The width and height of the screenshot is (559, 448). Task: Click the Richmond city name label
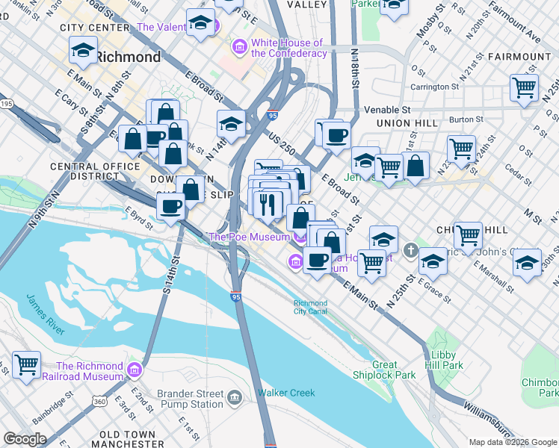[128, 57]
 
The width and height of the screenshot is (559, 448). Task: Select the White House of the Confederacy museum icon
[240, 48]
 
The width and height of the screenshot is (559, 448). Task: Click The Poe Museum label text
[249, 237]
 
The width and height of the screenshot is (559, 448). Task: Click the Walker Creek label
[286, 393]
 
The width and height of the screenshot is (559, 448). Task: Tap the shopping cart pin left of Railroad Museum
[26, 364]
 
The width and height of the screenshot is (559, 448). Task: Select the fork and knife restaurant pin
[268, 202]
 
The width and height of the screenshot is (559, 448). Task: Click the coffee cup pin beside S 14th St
[170, 206]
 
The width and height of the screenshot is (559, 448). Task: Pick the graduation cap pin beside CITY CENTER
[83, 51]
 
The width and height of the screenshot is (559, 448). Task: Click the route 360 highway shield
[99, 402]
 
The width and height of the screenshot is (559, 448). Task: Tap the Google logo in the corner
[25, 439]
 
